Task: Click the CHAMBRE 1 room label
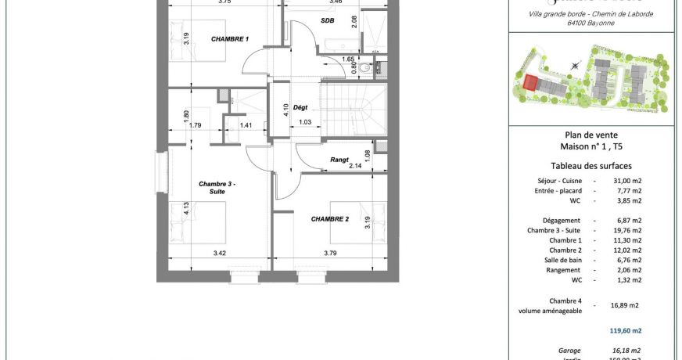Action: [x=230, y=38]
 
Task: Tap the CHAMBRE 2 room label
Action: [x=329, y=218]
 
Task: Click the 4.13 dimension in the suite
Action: [x=186, y=208]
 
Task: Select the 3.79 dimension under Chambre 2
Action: [x=330, y=253]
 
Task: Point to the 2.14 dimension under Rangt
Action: [x=354, y=166]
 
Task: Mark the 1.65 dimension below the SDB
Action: [x=349, y=59]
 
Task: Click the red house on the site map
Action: [x=531, y=83]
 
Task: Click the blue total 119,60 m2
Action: [x=626, y=330]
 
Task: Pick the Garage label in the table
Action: [x=564, y=350]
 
